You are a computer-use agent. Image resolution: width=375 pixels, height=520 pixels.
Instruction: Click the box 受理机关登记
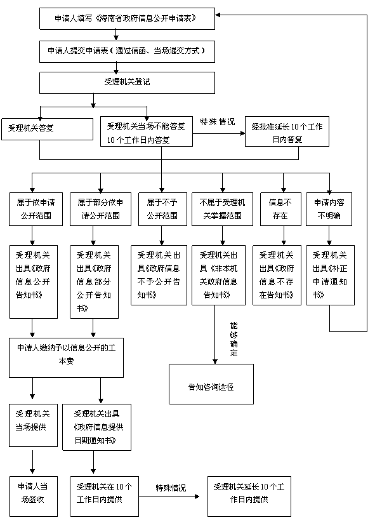coord(127,83)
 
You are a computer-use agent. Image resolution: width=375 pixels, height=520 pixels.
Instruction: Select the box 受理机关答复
coord(47,130)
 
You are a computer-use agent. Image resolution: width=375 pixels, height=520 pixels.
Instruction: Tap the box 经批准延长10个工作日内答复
coord(287,131)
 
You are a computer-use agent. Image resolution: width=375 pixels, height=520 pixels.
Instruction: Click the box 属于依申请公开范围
coord(36,210)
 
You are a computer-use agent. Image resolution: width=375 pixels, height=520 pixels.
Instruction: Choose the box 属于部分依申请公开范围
coord(100,210)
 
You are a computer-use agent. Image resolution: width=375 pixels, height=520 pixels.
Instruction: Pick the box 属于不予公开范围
coord(162,210)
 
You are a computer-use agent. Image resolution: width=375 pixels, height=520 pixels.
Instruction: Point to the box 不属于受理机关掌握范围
coord(222,210)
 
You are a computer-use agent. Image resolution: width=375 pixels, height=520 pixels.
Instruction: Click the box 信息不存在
coord(280,210)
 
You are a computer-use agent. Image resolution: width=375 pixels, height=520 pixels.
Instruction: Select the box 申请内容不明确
coord(329,210)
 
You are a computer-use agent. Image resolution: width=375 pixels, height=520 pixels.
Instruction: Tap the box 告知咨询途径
coord(211,384)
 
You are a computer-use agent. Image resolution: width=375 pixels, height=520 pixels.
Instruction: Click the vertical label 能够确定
coord(234,339)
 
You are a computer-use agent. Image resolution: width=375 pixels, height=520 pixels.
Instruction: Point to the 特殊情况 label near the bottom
coord(171,488)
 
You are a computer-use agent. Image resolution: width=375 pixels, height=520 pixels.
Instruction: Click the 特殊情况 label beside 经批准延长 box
coord(218,122)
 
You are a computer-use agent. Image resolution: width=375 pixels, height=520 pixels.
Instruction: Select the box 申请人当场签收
coord(33,496)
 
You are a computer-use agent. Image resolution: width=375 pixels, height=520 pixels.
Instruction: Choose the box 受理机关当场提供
coord(33,425)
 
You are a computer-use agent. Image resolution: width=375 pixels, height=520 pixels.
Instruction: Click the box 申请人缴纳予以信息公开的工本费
coord(67,357)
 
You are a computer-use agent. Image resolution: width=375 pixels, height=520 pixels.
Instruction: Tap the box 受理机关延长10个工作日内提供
coord(249,496)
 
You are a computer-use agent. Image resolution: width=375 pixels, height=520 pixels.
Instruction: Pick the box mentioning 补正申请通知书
coord(330,276)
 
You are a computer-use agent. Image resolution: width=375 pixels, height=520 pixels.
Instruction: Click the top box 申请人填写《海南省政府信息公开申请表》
coord(127,18)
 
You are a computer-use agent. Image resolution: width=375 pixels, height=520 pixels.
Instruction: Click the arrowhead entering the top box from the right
coord(218,15)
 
